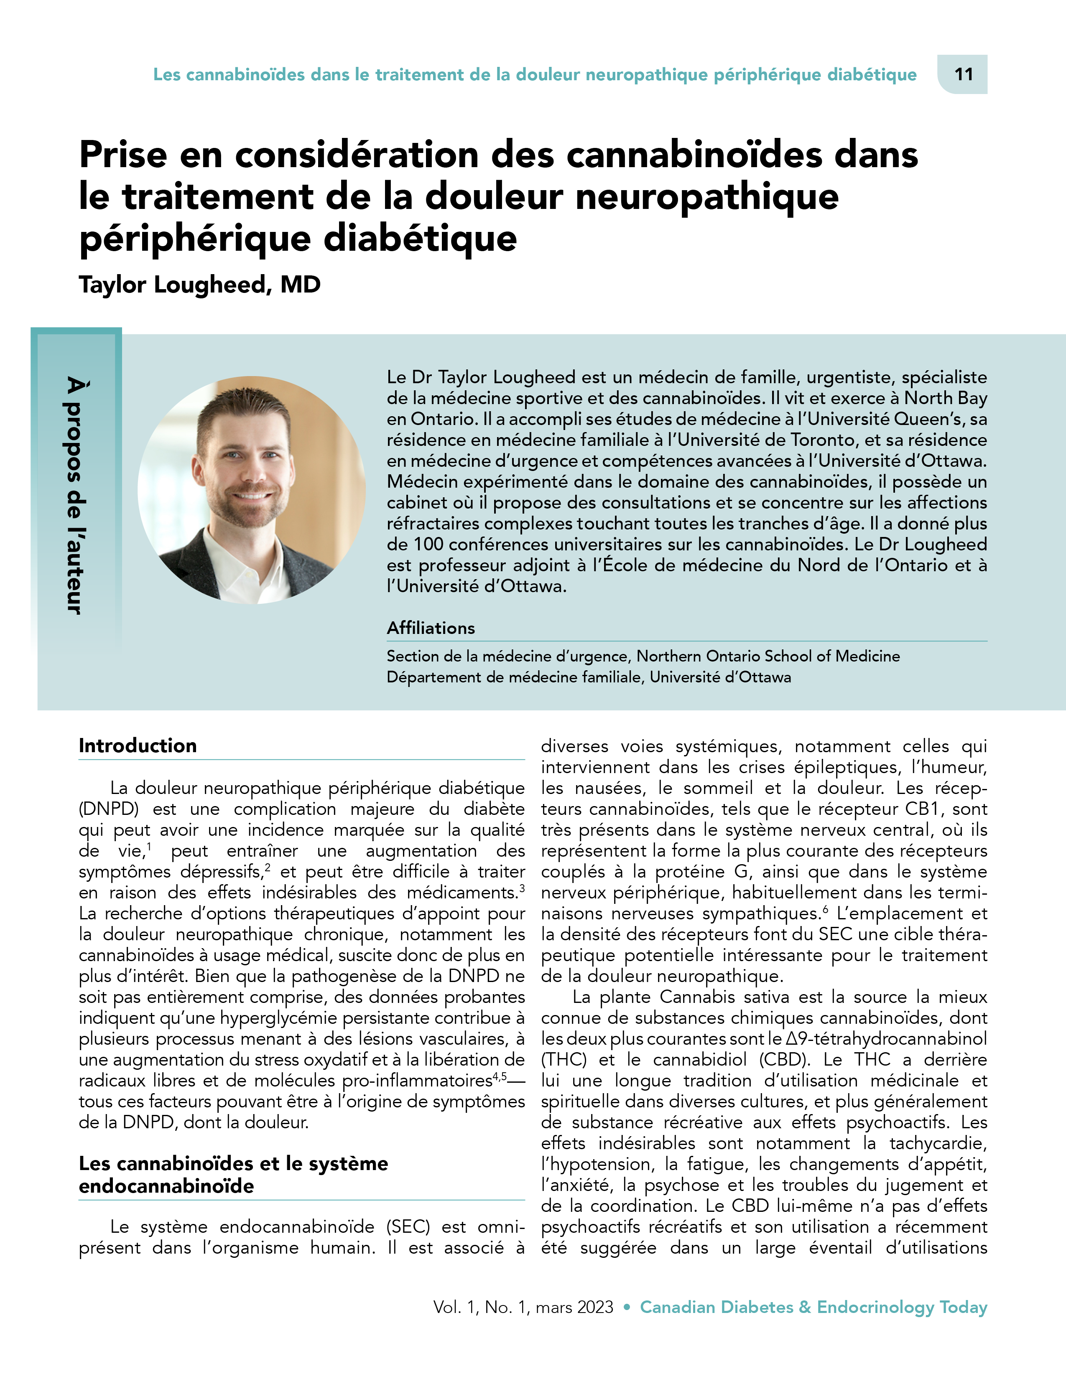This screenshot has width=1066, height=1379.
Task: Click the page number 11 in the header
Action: [963, 74]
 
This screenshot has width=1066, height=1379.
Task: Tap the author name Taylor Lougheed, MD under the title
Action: [199, 285]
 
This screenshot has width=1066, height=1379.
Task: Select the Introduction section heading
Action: [138, 745]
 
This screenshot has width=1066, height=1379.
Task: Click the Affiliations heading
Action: [431, 628]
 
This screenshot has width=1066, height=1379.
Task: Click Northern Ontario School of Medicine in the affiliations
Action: [768, 656]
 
